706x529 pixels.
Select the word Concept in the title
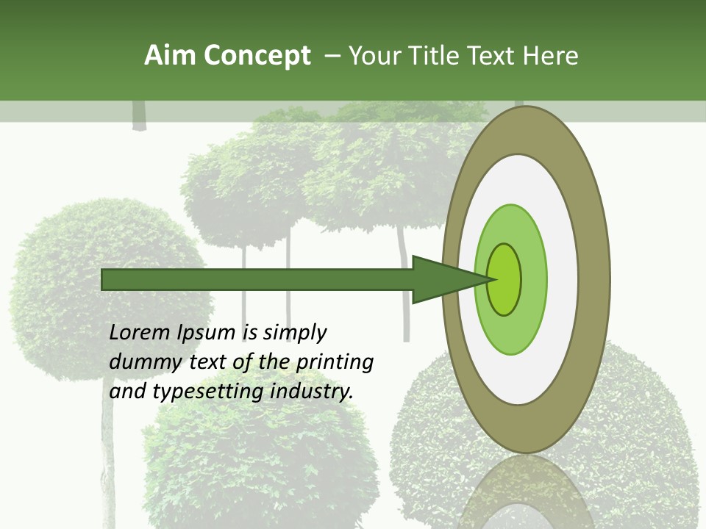[257, 56]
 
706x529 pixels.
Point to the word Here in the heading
[550, 56]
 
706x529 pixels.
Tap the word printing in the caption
[335, 362]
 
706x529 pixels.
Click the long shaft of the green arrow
[257, 280]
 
